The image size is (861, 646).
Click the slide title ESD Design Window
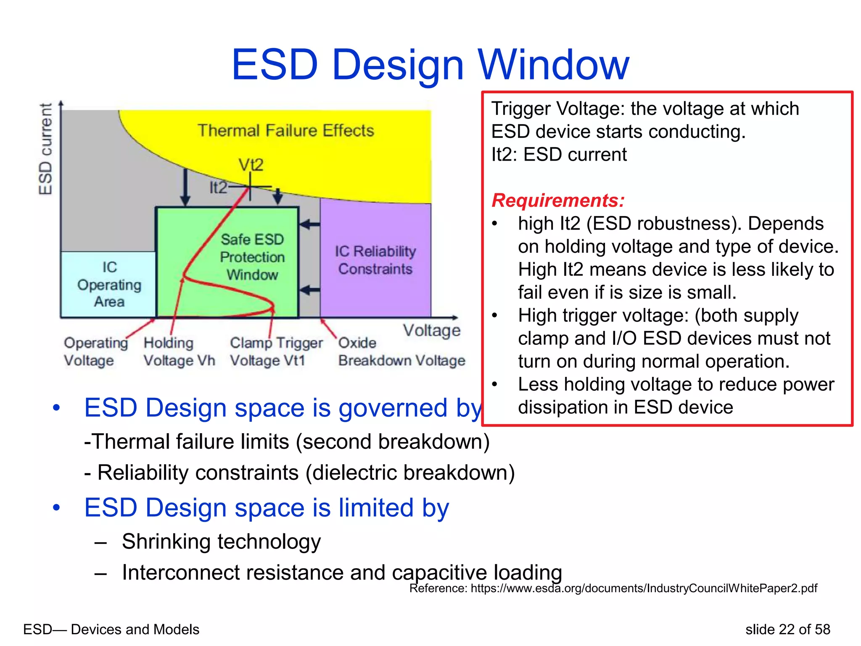430,65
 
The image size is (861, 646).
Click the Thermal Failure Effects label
285,130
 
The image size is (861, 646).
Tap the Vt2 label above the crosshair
251,164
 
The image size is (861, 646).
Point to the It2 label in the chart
218,188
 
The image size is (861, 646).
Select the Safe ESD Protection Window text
252,257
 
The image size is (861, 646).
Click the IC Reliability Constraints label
375,260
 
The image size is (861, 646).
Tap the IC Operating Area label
109,285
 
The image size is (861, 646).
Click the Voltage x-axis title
432,330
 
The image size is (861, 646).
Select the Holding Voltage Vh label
179,352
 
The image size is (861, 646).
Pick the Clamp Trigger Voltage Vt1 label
276,352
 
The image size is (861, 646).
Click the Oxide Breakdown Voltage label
401,352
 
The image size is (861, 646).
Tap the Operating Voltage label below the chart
95,352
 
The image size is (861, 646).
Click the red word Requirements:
558,200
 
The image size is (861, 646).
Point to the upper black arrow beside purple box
310,224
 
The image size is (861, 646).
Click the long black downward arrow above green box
185,187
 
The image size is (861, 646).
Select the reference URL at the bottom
613,588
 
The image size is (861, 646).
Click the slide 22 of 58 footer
787,629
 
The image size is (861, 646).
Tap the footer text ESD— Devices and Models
111,629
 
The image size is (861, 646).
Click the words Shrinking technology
221,541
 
